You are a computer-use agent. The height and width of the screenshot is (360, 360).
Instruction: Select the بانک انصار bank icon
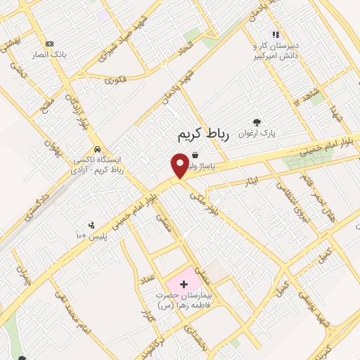pos(49,43)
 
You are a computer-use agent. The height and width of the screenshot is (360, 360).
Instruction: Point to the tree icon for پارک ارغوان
pos(257,121)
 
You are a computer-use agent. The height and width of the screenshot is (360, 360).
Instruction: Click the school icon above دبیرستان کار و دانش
pos(276,34)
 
